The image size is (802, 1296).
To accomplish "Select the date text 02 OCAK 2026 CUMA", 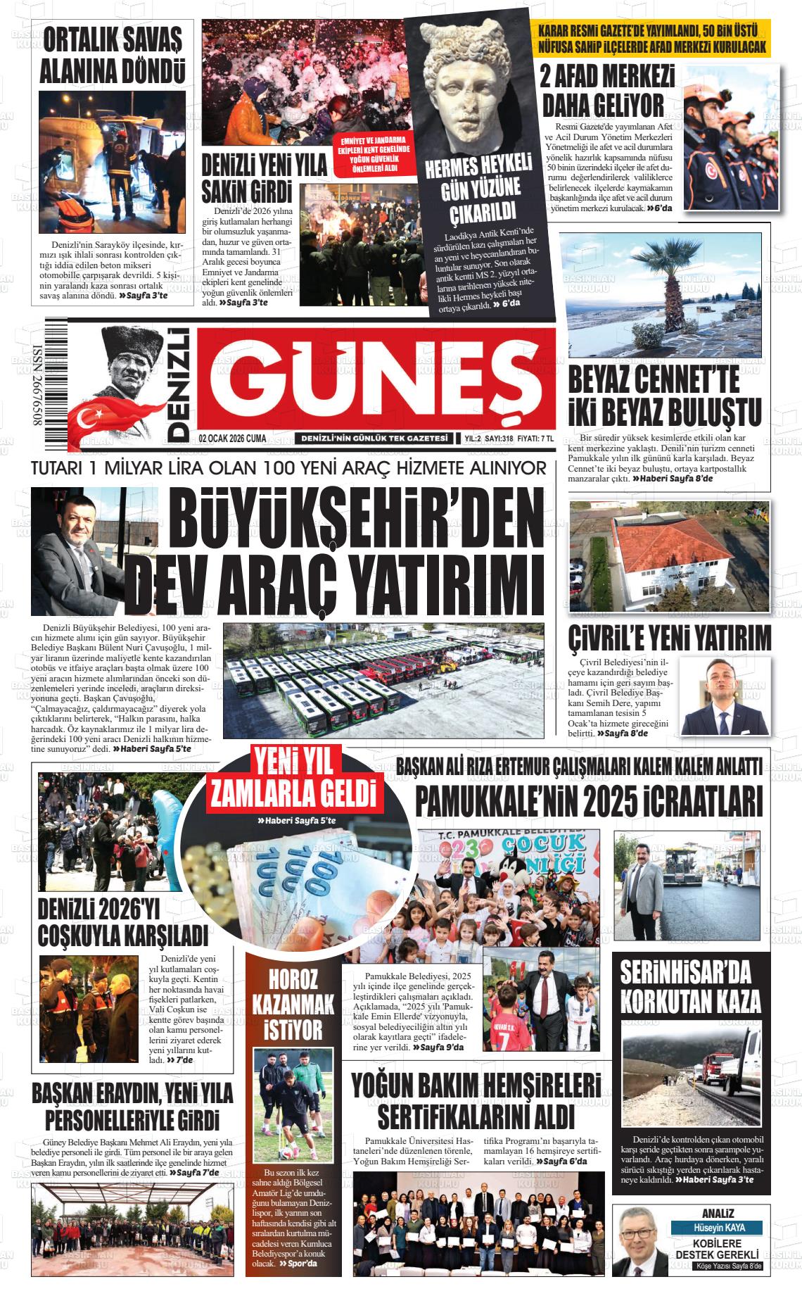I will [232, 439].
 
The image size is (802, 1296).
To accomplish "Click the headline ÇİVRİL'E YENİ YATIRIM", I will [669, 638].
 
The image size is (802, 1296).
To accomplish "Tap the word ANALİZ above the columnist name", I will [718, 1214].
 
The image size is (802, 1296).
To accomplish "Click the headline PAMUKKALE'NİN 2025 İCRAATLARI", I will [589, 800].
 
